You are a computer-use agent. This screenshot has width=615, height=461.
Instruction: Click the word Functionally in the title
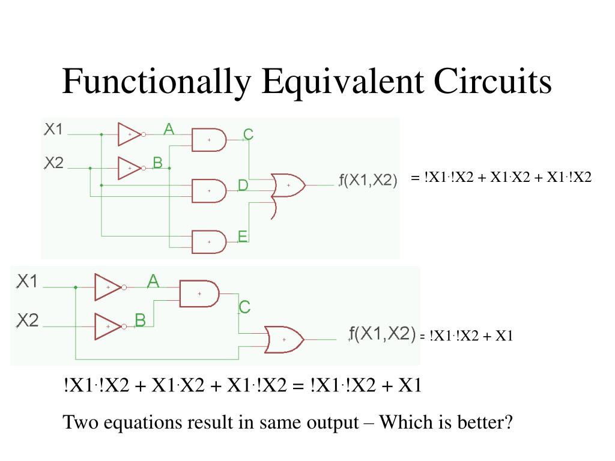click(x=156, y=82)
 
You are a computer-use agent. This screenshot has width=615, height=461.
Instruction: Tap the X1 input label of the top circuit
click(x=53, y=129)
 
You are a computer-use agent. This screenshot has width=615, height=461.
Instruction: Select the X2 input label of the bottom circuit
click(x=28, y=321)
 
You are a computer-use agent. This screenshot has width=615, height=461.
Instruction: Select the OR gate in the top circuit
click(x=288, y=185)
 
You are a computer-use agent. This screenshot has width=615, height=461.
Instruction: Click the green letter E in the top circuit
click(x=243, y=237)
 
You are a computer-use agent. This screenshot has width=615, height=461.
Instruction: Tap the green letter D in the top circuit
click(x=243, y=185)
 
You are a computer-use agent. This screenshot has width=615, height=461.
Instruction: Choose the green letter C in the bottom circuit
click(x=244, y=307)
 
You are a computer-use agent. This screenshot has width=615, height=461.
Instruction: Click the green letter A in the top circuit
click(x=169, y=128)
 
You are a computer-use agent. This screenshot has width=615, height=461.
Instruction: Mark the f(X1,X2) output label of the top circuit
click(x=368, y=179)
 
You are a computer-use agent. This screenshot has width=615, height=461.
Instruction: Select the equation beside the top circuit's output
click(x=501, y=177)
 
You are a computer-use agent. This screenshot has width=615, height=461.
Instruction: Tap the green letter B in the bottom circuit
click(x=140, y=321)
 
